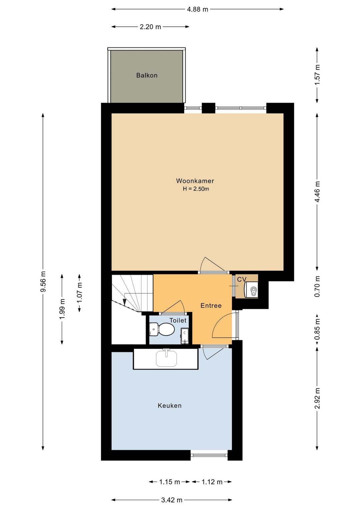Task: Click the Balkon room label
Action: pos(147,75)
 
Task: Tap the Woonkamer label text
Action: pos(195,181)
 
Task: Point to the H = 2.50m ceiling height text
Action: pos(196,189)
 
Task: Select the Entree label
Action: pos(211,306)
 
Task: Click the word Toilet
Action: pos(178,321)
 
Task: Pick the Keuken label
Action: pos(170,406)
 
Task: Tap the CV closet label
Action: pos(242,279)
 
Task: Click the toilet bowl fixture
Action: pos(162,329)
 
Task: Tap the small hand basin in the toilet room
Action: pos(185,336)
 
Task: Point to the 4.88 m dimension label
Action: pos(197,9)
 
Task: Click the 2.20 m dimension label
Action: pos(150,27)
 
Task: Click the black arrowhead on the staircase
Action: pos(124,302)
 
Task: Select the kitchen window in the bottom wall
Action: pos(209,455)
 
